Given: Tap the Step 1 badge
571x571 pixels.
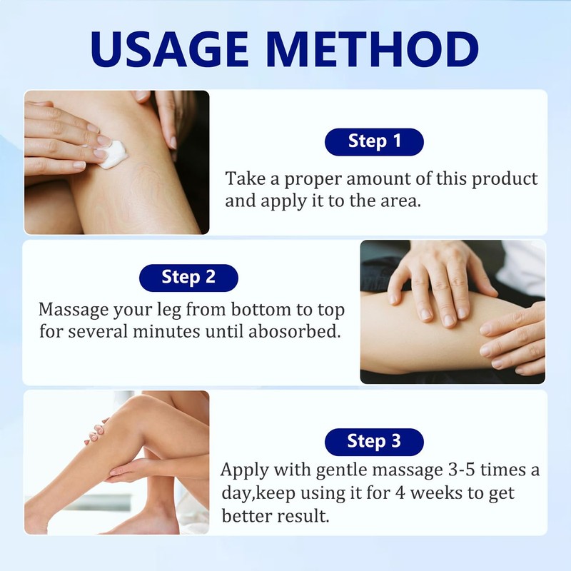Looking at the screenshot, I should coord(374,141).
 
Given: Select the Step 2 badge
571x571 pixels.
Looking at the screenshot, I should coord(188,276).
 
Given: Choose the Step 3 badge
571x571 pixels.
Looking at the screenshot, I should coord(374,441).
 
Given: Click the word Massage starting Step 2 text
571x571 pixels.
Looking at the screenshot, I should coord(74,310).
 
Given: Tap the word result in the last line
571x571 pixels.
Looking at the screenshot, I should coord(305,515).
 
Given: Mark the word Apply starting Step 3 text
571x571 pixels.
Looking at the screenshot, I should coord(244,471).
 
